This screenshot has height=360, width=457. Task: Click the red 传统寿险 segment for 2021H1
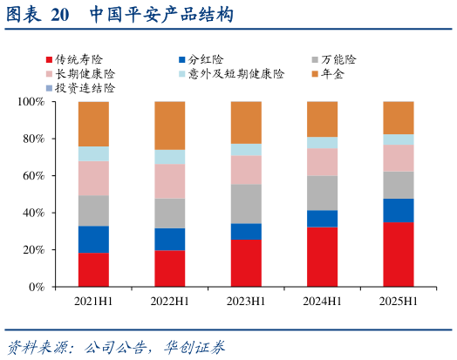click(x=93, y=268)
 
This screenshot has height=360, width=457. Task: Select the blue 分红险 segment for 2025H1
click(x=399, y=210)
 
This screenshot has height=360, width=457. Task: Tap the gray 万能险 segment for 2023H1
click(x=246, y=203)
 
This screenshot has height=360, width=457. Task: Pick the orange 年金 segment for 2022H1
click(x=169, y=126)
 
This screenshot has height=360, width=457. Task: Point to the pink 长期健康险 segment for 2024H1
click(x=322, y=161)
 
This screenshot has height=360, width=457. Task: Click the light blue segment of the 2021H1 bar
click(x=93, y=153)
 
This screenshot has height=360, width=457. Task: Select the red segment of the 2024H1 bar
click(x=322, y=256)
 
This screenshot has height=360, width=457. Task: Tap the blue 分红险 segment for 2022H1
click(x=169, y=239)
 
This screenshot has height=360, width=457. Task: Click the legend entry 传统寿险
click(x=73, y=60)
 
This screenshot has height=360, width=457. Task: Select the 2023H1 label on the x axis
click(x=246, y=302)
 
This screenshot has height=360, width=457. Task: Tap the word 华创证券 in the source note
click(x=195, y=347)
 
